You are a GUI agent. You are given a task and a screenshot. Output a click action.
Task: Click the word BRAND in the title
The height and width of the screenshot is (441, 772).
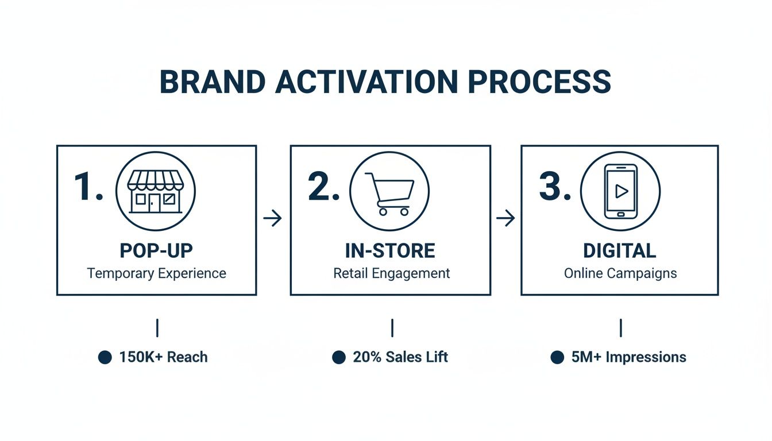pos(212,82)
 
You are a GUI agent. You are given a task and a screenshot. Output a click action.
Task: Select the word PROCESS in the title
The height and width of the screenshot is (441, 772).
pos(539,82)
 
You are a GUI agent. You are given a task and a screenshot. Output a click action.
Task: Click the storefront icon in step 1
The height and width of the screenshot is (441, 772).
pos(156,191)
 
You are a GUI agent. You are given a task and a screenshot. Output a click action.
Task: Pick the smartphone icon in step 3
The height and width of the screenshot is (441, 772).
pos(620,191)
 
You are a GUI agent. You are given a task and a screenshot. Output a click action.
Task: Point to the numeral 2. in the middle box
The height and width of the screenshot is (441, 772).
pos(324,187)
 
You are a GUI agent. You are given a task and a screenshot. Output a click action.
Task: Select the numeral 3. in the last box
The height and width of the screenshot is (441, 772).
pos(555,187)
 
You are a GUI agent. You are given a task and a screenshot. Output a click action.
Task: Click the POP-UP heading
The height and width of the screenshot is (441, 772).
pos(156,251)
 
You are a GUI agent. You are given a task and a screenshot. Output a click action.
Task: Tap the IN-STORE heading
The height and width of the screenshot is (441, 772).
pos(390,251)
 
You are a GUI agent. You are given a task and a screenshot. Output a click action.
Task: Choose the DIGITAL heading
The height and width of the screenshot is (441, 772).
pos(619,251)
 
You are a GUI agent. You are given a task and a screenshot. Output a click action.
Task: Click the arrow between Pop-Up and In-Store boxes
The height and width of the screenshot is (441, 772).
pos(272,218)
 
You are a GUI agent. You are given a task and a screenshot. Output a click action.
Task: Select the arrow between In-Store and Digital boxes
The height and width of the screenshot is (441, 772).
pos(505,218)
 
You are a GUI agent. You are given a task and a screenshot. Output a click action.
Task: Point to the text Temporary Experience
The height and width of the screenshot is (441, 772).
pos(156,273)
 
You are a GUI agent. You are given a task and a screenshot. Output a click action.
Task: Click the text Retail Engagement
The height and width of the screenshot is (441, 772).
pos(391,273)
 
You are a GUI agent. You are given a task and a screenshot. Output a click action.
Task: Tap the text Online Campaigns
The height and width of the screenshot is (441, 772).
pos(620,273)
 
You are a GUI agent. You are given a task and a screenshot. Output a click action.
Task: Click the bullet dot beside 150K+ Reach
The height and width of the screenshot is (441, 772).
pos(105,357)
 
